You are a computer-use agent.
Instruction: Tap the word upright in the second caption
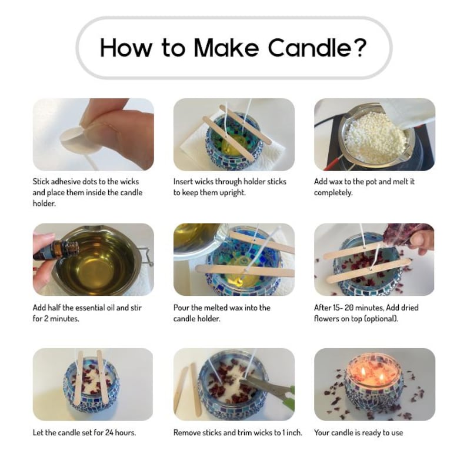pos(232,193)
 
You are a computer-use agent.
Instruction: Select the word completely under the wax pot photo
pos(333,193)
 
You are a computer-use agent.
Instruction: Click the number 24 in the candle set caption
pos(109,432)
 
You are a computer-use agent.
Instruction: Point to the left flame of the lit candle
pos(363,371)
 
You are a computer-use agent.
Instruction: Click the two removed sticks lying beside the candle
pos(188,388)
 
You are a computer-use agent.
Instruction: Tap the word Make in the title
pos(226,48)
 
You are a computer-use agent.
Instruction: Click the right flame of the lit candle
pos(382,378)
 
